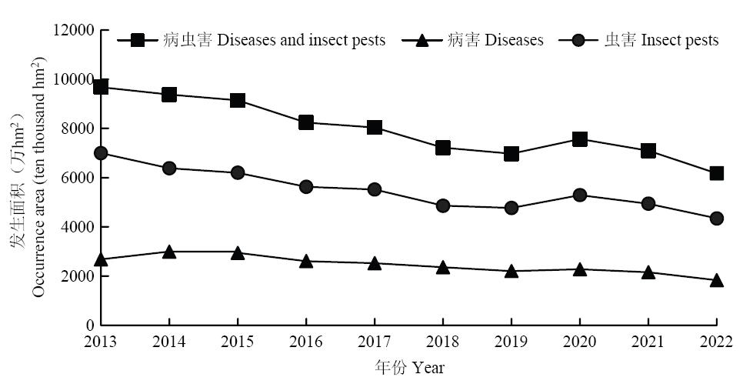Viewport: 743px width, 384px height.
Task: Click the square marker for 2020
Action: pyautogui.click(x=580, y=139)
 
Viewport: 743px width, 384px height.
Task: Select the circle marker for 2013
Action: pyautogui.click(x=101, y=153)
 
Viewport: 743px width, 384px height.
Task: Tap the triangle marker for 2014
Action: pyautogui.click(x=169, y=252)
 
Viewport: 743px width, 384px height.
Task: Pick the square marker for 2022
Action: pyautogui.click(x=717, y=173)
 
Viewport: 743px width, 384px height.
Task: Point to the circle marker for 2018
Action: pyautogui.click(x=443, y=205)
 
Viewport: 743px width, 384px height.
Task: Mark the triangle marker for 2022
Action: pyautogui.click(x=717, y=281)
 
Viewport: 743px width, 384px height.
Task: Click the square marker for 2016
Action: pyautogui.click(x=306, y=122)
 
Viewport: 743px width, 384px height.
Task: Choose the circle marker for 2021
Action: pyautogui.click(x=648, y=204)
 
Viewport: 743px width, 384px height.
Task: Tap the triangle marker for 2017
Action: pyautogui.click(x=375, y=263)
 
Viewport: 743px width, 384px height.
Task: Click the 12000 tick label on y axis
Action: pyautogui.click(x=74, y=30)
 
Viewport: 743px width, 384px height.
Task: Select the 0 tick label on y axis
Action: pyautogui.click(x=89, y=326)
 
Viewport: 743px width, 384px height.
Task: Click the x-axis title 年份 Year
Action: pyautogui.click(x=409, y=367)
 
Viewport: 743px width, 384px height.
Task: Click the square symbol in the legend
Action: pyautogui.click(x=138, y=39)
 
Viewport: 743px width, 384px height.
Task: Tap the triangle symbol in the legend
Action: pyautogui.click(x=423, y=39)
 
